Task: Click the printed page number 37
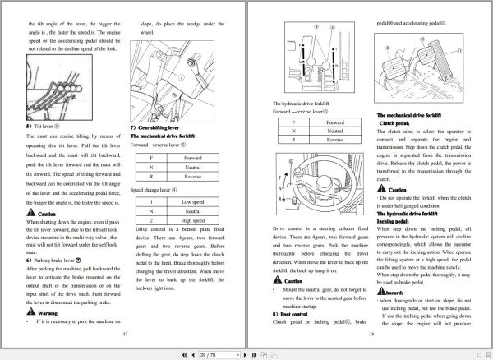(125, 334)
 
